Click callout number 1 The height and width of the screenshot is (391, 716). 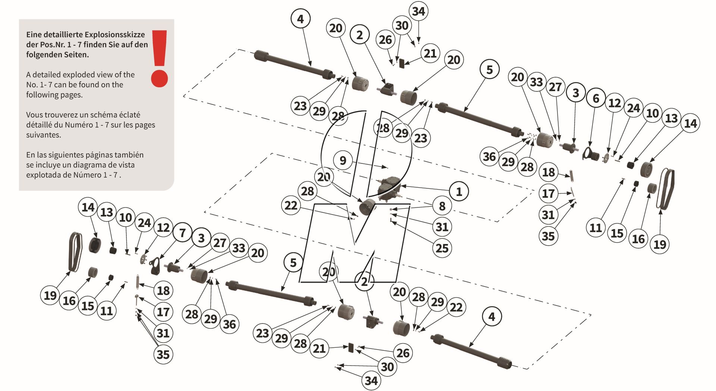(x=459, y=192)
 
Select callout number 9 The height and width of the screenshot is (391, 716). (x=343, y=160)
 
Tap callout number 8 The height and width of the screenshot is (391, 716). (x=442, y=206)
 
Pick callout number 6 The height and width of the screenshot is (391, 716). (x=596, y=98)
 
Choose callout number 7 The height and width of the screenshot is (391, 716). (x=182, y=233)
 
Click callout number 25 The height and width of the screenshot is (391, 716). (x=442, y=248)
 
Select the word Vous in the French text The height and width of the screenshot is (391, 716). (x=34, y=115)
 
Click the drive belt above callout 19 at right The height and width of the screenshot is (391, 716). (x=668, y=188)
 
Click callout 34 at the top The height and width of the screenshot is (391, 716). (x=418, y=11)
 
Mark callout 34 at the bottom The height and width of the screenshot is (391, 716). (x=371, y=381)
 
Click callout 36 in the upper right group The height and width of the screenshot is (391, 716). (x=489, y=156)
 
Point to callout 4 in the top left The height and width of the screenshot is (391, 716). (x=300, y=19)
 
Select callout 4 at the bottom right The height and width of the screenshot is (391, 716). (x=492, y=317)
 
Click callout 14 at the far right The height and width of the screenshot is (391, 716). (x=690, y=123)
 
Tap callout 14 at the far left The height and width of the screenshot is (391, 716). (x=88, y=207)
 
